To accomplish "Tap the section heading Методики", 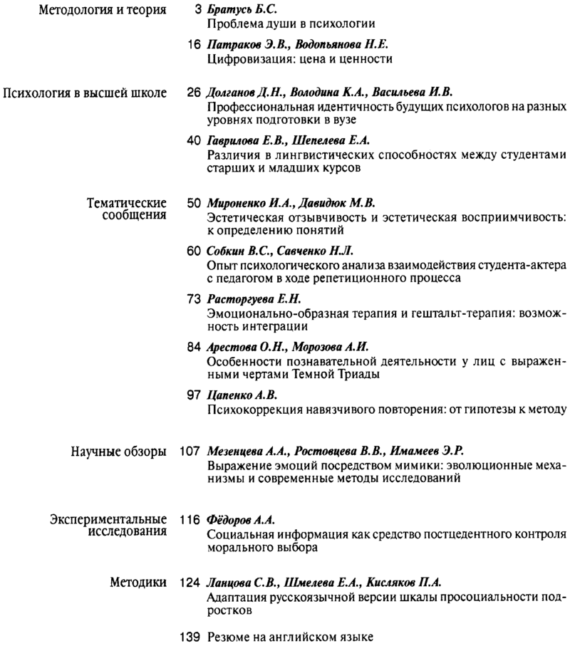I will click(x=139, y=581).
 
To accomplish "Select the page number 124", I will click(x=189, y=581).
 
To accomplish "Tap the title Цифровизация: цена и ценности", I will click(x=299, y=58).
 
